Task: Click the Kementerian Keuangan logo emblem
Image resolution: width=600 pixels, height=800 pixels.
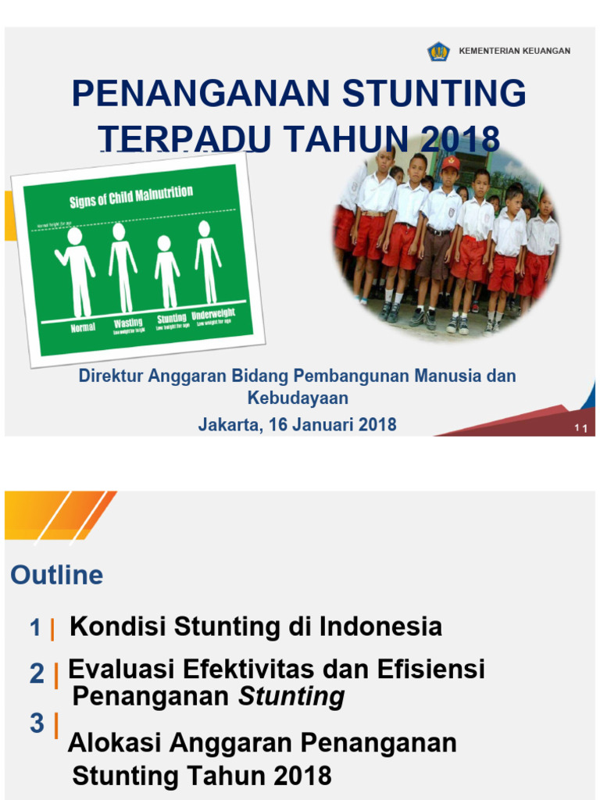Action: (438, 52)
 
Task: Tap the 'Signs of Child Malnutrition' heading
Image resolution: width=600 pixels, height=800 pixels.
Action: (131, 196)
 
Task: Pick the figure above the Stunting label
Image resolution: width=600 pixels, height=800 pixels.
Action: (166, 271)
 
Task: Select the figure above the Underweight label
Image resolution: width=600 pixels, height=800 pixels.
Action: (207, 262)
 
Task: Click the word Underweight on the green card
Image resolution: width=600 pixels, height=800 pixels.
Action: (213, 315)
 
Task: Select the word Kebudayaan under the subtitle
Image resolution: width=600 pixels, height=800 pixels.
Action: (298, 398)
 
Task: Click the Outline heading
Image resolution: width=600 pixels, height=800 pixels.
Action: (57, 576)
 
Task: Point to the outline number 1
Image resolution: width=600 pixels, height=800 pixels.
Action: (35, 628)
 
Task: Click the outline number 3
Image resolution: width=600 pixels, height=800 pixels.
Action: (37, 724)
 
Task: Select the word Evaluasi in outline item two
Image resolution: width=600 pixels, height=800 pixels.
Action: (120, 670)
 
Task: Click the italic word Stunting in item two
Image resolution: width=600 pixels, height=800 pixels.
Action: (291, 697)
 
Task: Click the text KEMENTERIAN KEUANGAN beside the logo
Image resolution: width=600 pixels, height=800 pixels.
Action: (514, 52)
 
